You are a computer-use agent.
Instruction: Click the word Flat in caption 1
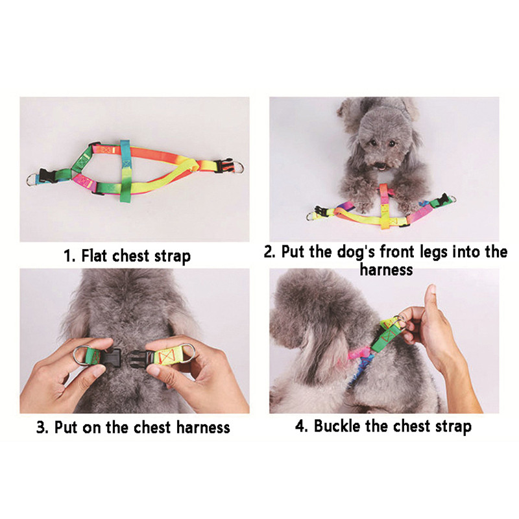pyautogui.click(x=95, y=256)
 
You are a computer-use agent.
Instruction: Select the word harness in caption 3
pyautogui.click(x=203, y=427)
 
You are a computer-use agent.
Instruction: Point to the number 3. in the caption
pyautogui.click(x=43, y=428)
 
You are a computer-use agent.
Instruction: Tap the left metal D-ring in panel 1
pyautogui.click(x=32, y=180)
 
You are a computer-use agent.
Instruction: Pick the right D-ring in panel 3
pyautogui.click(x=187, y=354)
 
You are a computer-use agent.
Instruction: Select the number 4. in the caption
pyautogui.click(x=302, y=426)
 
